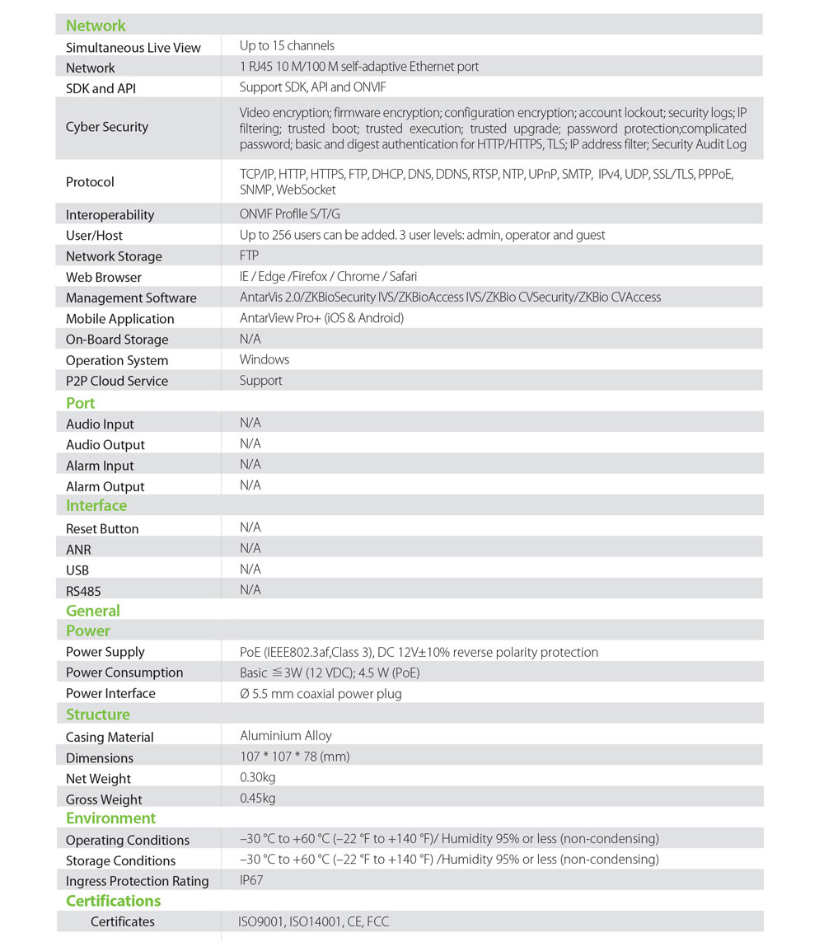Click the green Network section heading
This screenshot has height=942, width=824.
coord(96,26)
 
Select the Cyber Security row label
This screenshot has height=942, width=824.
coord(107,127)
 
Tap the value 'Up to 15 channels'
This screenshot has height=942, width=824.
coord(287,46)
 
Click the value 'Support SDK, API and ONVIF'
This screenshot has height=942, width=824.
coord(312,87)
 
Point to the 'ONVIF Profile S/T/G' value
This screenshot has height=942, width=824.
coord(289,214)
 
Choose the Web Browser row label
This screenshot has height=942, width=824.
coord(104,277)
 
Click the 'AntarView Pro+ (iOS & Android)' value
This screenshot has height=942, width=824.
coord(321,318)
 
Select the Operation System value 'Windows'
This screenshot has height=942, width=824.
coord(265,359)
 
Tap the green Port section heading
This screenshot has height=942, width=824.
coord(81,403)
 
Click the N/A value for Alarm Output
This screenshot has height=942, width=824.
coord(250,485)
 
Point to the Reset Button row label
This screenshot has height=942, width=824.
coord(102,528)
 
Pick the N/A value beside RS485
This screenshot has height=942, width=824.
coord(250,590)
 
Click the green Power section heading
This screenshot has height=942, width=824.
coord(88,630)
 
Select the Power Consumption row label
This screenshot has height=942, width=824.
coord(124,673)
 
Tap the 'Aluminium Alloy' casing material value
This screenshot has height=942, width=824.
coord(286,735)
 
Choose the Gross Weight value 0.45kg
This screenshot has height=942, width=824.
coord(258,798)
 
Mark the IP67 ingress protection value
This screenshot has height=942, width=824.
coord(251,880)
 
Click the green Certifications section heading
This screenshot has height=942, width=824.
coord(114,901)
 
